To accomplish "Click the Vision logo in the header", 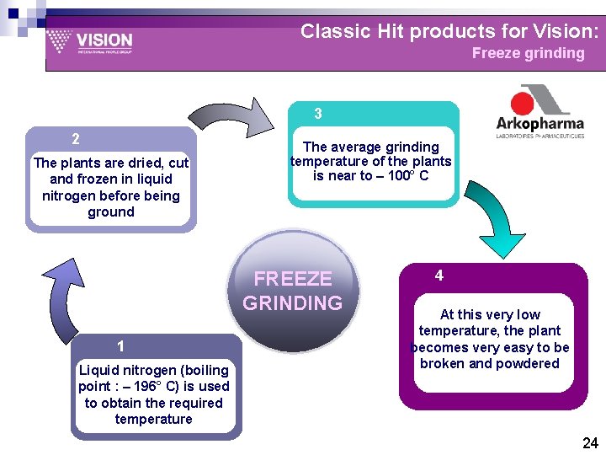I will [x=89, y=41].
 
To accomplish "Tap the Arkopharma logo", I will [x=540, y=111].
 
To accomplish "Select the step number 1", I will [x=121, y=346].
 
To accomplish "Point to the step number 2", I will [x=76, y=139].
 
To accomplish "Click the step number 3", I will [x=318, y=114].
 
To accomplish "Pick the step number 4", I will [x=439, y=276].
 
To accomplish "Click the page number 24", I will [x=590, y=443].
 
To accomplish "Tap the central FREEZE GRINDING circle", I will [x=293, y=291].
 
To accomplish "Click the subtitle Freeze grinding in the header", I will [x=528, y=54].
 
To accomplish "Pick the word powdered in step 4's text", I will [x=527, y=363].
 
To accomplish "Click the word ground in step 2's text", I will [x=111, y=212].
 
